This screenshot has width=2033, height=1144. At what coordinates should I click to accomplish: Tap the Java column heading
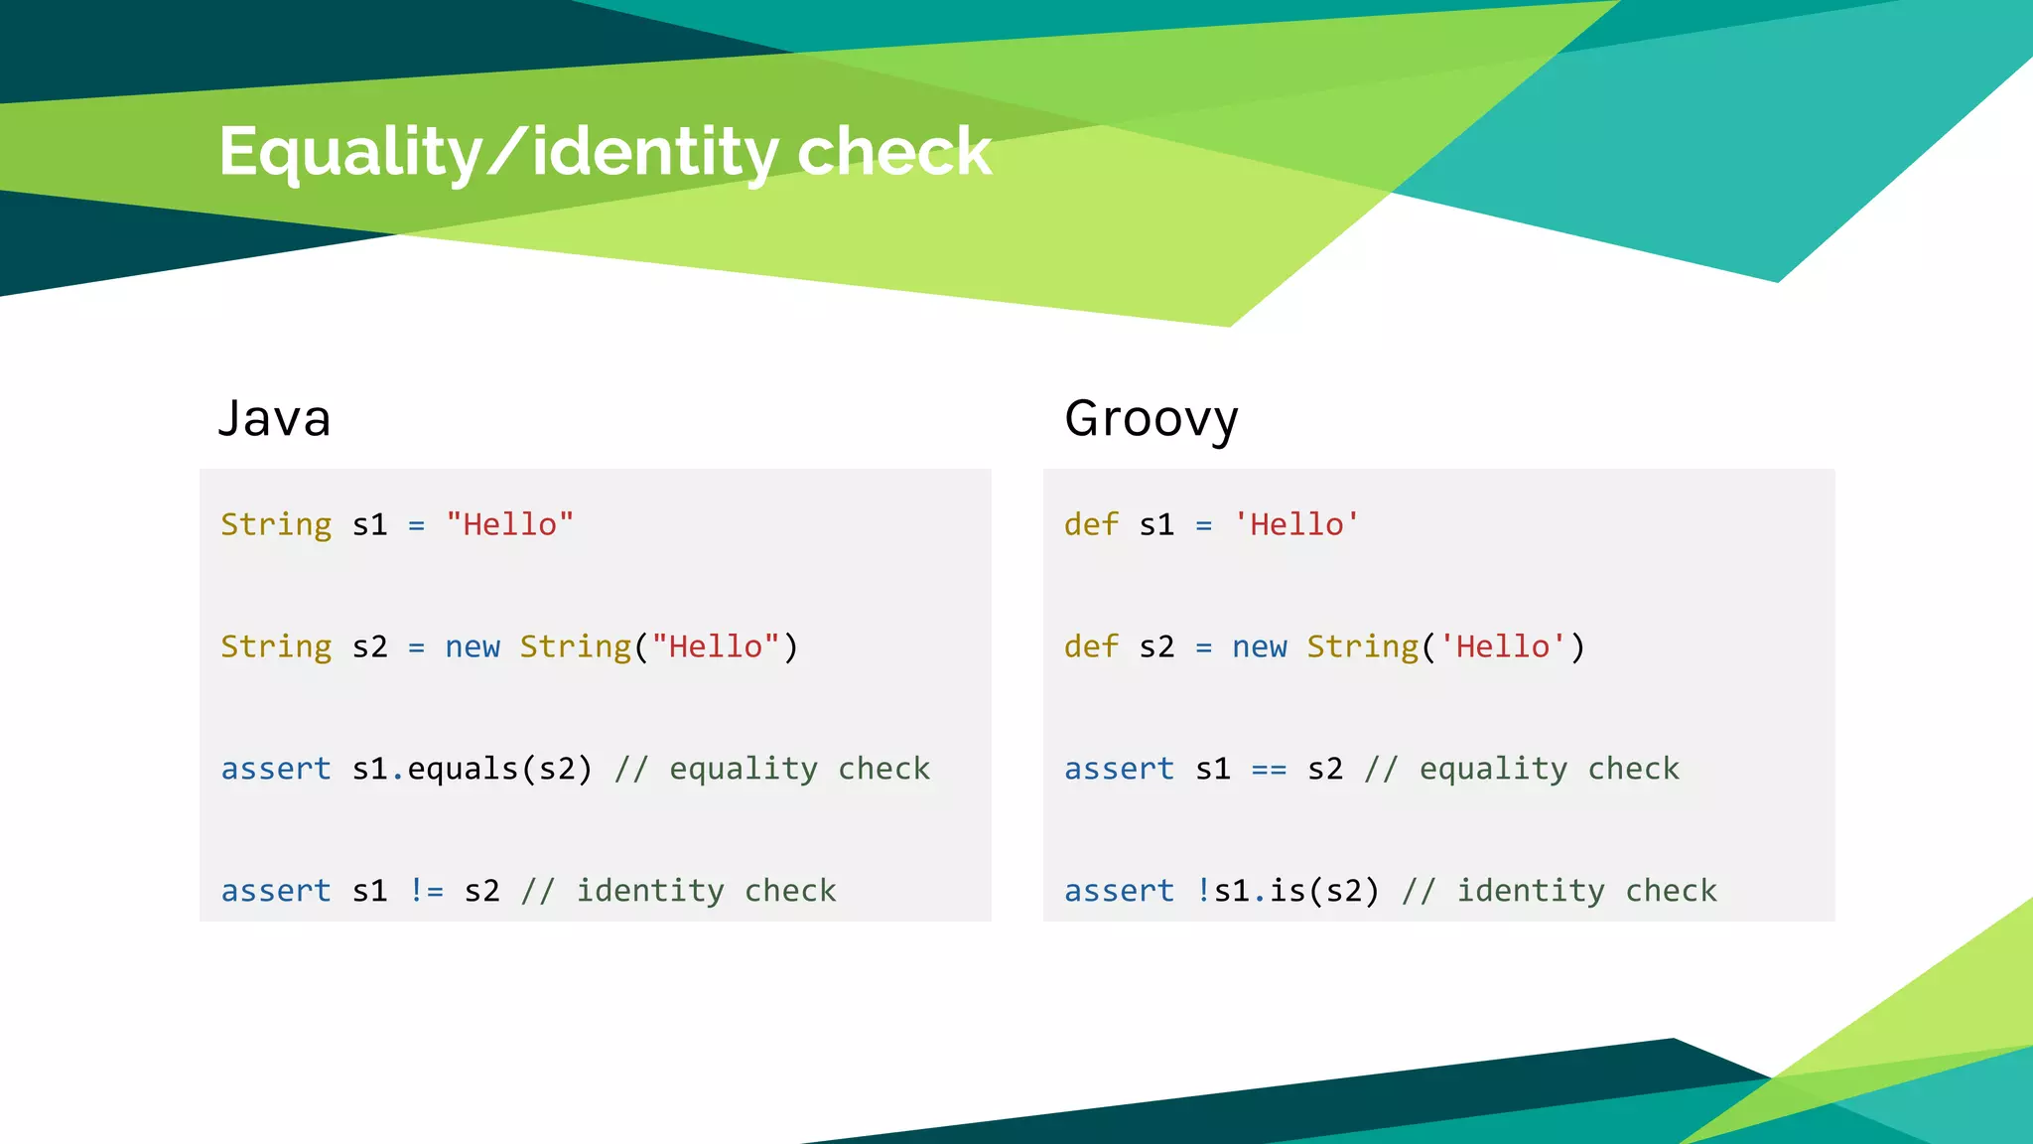274,418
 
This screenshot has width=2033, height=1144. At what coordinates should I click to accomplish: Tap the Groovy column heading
1151,418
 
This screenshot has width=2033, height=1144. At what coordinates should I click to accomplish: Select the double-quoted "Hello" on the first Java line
509,524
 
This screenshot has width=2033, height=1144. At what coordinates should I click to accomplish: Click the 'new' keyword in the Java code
472,646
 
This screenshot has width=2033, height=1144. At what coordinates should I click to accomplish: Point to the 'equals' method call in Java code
463,769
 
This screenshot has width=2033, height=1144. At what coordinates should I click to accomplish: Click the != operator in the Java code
426,891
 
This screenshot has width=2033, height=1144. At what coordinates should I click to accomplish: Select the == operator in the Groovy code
1269,769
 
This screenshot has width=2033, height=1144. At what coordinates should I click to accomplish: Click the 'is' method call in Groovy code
1288,891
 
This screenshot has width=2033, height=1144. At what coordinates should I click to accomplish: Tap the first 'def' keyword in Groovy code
1091,524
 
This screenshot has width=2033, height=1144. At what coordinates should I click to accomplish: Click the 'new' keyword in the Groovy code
1259,646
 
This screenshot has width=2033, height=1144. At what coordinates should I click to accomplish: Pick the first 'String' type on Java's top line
276,524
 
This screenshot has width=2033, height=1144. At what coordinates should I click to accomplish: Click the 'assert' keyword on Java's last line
276,891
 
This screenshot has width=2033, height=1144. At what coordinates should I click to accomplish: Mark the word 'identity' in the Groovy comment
1530,891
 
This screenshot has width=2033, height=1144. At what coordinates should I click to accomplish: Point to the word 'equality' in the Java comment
743,769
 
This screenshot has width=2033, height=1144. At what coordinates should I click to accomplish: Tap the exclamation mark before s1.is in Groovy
1203,891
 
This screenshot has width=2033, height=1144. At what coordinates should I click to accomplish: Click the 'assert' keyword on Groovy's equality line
1119,769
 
